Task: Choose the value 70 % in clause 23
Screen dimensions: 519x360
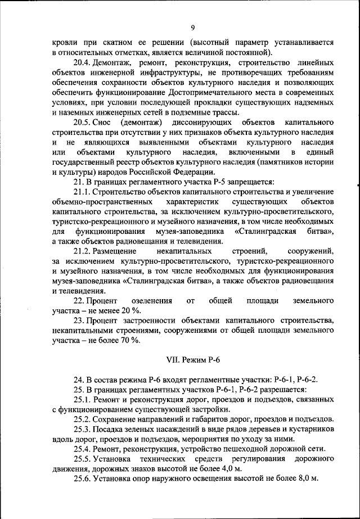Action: click(x=129, y=340)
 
